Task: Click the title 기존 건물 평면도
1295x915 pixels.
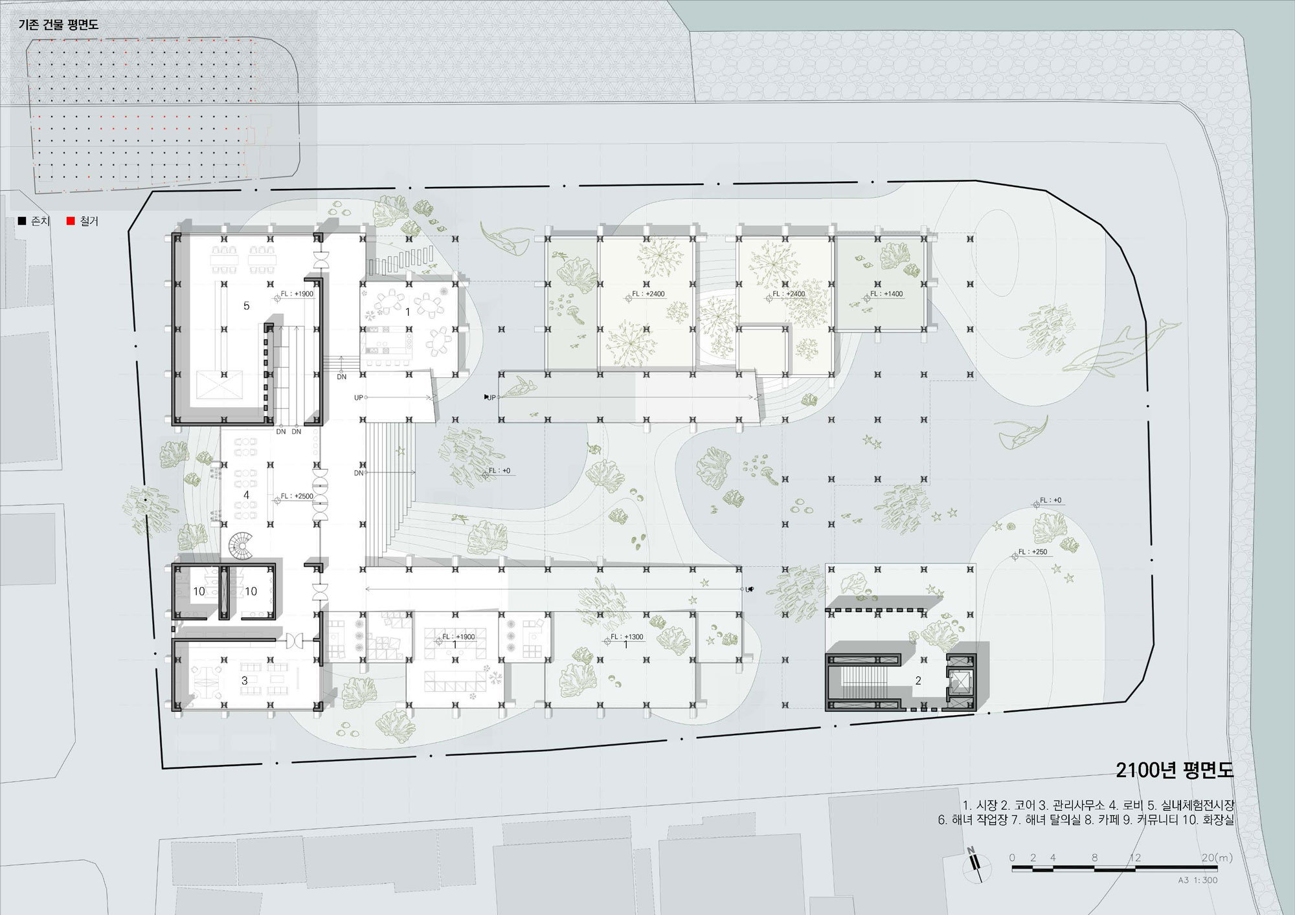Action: [x=58, y=25]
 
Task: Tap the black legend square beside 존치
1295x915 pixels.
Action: [x=22, y=221]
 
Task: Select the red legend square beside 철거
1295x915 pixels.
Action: [x=71, y=221]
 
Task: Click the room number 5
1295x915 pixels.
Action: [x=246, y=305]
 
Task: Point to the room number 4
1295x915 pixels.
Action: [x=246, y=495]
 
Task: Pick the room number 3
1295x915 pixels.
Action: [x=245, y=681]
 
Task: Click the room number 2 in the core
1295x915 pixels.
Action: [x=918, y=681]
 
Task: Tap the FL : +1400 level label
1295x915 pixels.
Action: [x=886, y=294]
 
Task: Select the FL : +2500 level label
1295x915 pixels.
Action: [x=297, y=496]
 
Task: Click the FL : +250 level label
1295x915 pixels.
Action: [x=1033, y=552]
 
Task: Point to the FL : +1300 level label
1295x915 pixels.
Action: [x=627, y=637]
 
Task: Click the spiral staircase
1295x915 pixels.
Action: [x=242, y=546]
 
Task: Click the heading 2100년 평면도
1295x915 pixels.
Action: [x=1175, y=770]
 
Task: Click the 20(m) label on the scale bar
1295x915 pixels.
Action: [x=1217, y=858]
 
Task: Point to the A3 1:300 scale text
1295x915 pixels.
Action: [x=1198, y=880]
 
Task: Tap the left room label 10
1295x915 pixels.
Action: [x=199, y=591]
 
